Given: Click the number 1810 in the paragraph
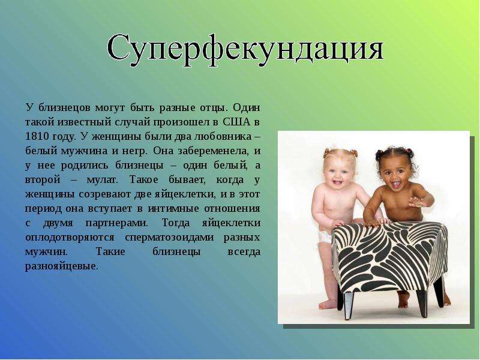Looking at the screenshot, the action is pos(37,136).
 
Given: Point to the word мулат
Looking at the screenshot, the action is pos(102,179).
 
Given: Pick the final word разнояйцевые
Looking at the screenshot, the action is pos(62,266).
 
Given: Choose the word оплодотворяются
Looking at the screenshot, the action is pos(70,238).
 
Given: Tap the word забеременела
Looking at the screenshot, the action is pos(212,151).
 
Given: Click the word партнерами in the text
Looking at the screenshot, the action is pos(117,223).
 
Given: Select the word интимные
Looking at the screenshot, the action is pos(173,209).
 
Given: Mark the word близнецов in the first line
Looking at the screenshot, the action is pos(65,108).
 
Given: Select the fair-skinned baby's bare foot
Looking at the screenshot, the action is pos(328,304).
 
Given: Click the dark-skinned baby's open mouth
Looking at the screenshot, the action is pos(396,184).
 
